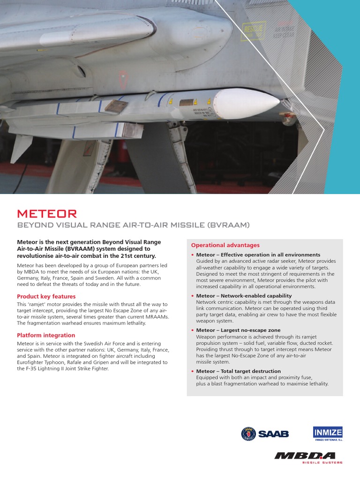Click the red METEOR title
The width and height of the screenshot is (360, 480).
[47, 214]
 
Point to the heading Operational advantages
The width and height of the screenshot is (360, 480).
[225, 245]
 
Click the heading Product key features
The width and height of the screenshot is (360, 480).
[46, 297]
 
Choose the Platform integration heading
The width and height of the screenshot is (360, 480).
[46, 336]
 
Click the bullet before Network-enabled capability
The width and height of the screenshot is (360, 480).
[193, 296]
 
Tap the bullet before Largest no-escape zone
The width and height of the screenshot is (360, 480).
[193, 331]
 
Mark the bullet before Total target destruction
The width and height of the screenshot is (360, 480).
[193, 372]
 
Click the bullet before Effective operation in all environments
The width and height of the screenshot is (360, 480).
[193, 255]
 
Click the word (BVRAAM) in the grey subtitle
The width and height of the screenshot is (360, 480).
[229, 225]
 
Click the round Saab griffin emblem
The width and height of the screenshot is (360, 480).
[248, 434]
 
